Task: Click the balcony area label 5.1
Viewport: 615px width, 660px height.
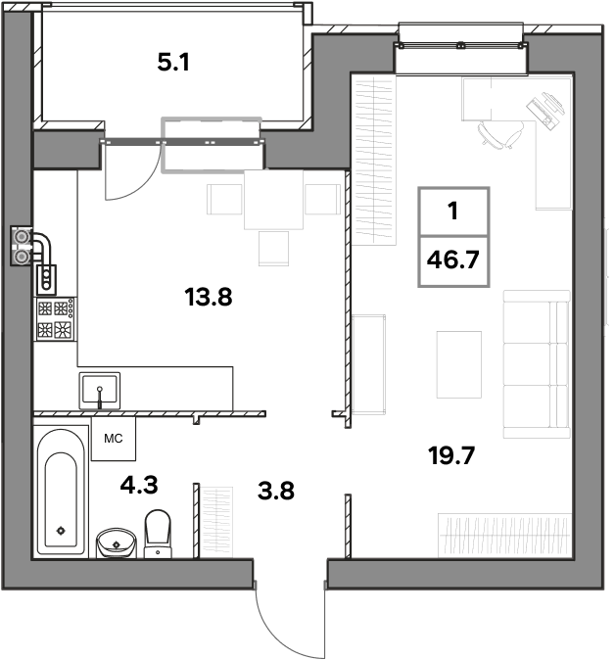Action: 173,63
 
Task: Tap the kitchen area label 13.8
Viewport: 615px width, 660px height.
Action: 209,297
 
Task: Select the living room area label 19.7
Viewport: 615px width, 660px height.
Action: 451,455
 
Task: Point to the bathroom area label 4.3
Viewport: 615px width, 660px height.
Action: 139,485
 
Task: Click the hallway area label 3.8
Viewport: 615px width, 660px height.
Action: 276,491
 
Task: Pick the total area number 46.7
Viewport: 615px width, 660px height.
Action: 453,259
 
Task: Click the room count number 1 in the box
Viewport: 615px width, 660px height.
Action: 453,211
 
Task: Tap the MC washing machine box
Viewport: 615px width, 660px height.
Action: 114,439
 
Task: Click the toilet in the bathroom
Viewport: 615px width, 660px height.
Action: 158,534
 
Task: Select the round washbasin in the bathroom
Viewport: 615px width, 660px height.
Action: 117,543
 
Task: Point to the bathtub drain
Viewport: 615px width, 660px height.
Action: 61,531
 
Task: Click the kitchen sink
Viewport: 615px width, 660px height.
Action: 99,391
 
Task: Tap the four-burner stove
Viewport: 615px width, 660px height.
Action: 55,318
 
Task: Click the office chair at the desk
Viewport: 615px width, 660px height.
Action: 501,134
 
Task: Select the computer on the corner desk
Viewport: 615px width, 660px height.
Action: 546,111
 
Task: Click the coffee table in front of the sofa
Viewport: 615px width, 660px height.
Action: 459,364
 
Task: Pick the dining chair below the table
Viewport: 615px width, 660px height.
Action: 273,249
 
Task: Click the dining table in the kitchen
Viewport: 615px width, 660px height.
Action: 273,200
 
